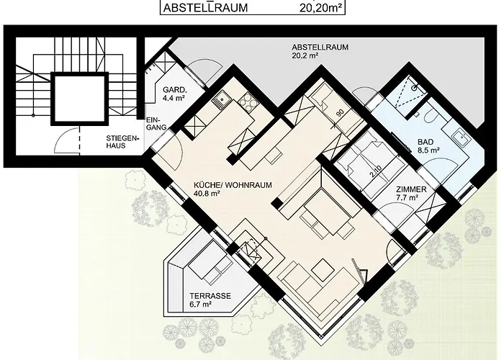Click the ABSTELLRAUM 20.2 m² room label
tap(320, 51)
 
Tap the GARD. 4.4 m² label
tap(175, 94)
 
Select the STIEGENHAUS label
tap(123, 142)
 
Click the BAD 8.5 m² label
tap(428, 145)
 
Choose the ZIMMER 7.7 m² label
tap(411, 193)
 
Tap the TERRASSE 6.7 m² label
tap(210, 300)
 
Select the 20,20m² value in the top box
tap(320, 7)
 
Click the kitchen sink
tap(220, 99)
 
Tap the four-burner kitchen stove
tap(248, 100)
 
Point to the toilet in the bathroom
tap(430, 116)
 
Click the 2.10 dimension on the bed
tap(375, 171)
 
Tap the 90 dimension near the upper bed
tap(341, 113)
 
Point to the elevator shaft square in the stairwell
tap(78, 99)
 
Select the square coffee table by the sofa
tap(323, 269)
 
